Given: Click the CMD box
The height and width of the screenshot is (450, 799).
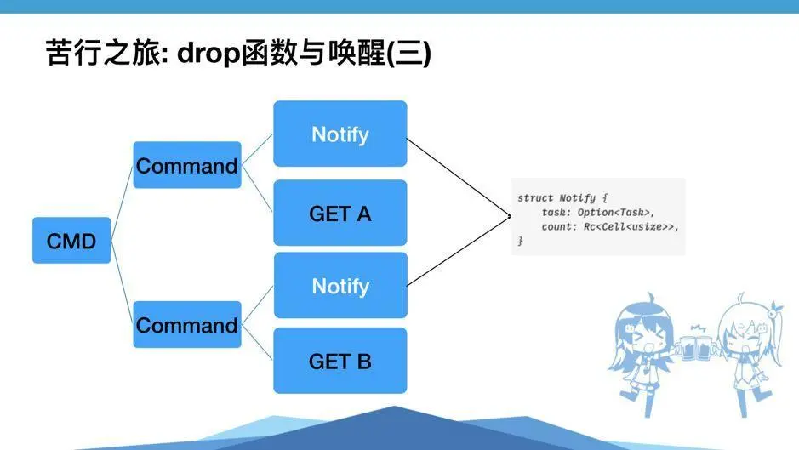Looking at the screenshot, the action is [x=71, y=241].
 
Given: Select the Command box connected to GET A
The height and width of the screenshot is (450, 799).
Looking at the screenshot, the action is [x=186, y=166].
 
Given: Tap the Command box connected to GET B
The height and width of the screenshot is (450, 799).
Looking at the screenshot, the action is [x=186, y=325].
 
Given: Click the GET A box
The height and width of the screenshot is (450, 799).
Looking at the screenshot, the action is [x=340, y=214].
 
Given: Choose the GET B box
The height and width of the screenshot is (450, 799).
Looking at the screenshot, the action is [x=340, y=361].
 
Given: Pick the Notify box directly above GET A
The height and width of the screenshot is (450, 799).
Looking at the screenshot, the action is [x=340, y=134].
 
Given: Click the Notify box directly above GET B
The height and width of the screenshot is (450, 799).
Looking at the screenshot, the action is [x=340, y=286].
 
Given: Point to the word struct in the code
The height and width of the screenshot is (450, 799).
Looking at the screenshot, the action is [x=534, y=197].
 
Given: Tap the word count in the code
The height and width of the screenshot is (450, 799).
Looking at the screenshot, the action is [x=557, y=227].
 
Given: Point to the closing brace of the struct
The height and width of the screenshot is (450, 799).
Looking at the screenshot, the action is [x=520, y=242].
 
